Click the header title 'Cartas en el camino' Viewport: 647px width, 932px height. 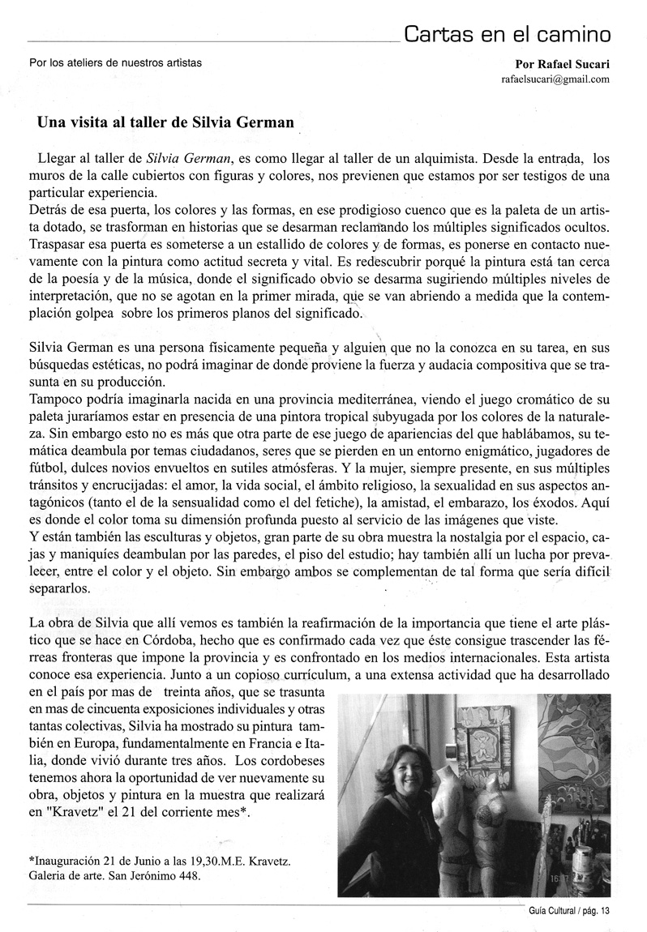pyautogui.click(x=508, y=34)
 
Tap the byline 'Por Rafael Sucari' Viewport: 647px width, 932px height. pyautogui.click(x=562, y=64)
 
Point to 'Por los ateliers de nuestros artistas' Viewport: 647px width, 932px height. pyautogui.click(x=114, y=62)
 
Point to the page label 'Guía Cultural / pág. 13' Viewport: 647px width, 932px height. pyautogui.click(x=568, y=911)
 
